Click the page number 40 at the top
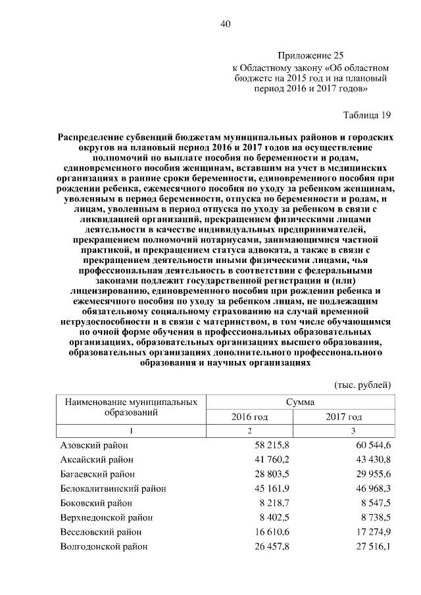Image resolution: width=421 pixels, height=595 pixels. pos(226,24)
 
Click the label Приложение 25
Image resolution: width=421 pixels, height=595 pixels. pos(310,57)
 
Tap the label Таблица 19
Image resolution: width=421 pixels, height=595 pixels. pos(367,115)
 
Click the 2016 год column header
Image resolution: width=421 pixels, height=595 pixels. pos(249,417)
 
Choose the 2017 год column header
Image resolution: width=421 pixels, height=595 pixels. pos(344,417)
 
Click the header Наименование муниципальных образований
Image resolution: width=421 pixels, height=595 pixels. pos(131,407)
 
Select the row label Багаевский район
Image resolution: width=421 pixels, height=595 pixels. pos(97,474)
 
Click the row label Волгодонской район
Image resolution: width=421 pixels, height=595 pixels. pos(103,546)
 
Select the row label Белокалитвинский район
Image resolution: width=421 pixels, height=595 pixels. pos(112,488)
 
